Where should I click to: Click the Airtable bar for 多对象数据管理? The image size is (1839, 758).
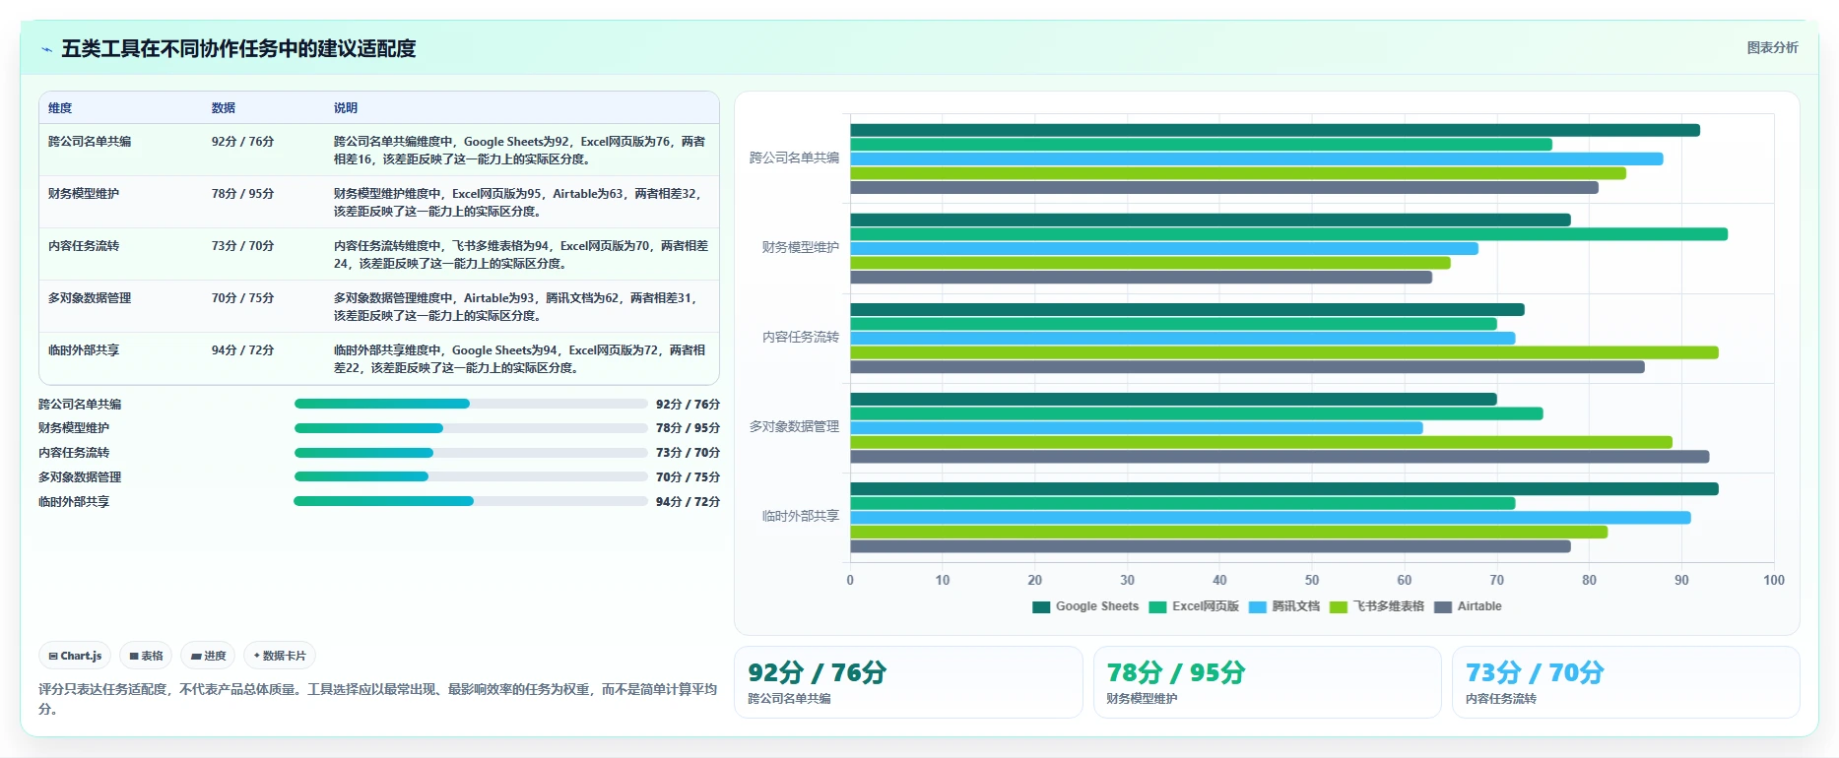point(1280,457)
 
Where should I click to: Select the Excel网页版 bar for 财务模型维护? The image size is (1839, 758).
point(1288,234)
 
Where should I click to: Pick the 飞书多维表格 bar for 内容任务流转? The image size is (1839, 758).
point(1284,352)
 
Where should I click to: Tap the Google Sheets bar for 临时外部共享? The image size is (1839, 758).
point(1284,489)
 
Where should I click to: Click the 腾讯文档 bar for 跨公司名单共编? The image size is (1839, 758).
point(1257,158)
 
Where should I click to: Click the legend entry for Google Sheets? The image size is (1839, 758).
point(1085,606)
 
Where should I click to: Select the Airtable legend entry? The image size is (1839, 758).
point(1469,606)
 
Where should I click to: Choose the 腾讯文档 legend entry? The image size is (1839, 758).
point(1284,606)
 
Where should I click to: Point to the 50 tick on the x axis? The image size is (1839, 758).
point(1312,580)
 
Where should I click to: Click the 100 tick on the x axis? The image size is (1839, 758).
point(1774,580)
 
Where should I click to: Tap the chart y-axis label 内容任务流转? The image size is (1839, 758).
point(801,337)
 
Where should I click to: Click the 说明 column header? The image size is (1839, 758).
point(346,108)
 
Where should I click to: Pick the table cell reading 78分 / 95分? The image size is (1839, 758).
point(242,194)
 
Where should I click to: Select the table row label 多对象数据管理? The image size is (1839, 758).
point(90,298)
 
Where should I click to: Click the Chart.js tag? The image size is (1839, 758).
point(75,656)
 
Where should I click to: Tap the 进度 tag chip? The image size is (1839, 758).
point(208,656)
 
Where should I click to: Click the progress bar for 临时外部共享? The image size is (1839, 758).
point(471,501)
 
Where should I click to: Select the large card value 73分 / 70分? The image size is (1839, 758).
point(1535,672)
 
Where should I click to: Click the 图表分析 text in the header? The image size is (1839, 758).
point(1772,47)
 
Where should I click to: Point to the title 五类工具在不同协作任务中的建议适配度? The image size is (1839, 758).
point(238,48)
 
